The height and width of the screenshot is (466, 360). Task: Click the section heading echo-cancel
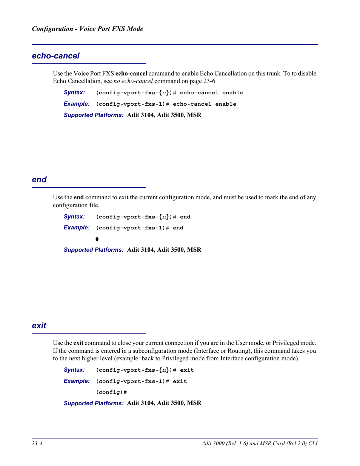click(x=55, y=56)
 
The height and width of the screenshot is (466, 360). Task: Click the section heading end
click(x=39, y=180)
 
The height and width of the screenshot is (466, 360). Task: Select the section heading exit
click(x=39, y=326)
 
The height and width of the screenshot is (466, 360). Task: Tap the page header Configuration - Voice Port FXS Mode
click(x=88, y=29)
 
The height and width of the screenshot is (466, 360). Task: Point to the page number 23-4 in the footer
click(x=37, y=443)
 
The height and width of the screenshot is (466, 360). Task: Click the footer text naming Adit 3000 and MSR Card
click(x=259, y=443)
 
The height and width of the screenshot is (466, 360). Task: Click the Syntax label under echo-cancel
click(x=74, y=92)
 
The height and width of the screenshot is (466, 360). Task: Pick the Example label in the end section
click(x=77, y=228)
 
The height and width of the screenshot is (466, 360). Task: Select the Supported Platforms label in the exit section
click(x=93, y=403)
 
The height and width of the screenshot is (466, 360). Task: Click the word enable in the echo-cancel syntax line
click(x=232, y=93)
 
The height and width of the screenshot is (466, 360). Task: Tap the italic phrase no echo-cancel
click(x=133, y=81)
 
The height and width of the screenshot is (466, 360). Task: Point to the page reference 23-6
click(x=209, y=81)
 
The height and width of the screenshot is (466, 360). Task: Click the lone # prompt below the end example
click(x=97, y=239)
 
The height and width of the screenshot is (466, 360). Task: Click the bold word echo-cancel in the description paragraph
click(x=131, y=74)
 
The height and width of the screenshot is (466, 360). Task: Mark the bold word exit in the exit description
click(x=78, y=343)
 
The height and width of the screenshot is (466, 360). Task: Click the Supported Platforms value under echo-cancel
click(x=164, y=115)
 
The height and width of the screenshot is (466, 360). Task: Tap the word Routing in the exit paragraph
click(x=238, y=351)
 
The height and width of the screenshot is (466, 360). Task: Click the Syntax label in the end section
click(x=74, y=217)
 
